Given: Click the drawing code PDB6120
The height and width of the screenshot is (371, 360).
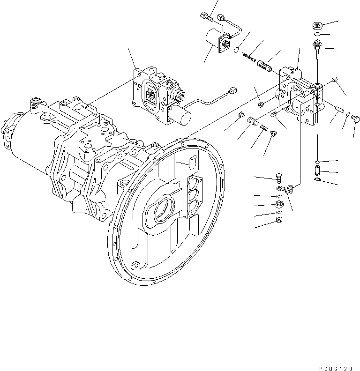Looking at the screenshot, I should tap(336, 356).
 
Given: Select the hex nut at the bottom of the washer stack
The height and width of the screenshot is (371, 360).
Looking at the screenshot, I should tap(278, 220).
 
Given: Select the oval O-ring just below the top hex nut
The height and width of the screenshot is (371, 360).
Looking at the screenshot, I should tap(317, 35).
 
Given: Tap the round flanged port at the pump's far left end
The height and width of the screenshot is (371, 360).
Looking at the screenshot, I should tap(8, 133).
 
